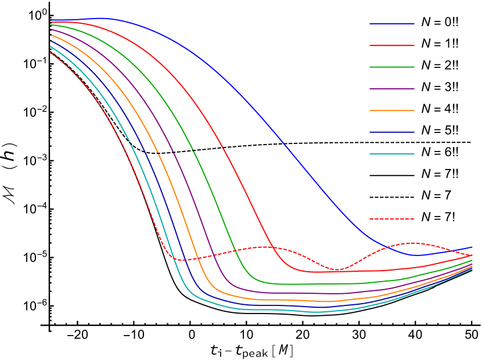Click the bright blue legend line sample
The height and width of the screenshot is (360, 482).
(x=392, y=24)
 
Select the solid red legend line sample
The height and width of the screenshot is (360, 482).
(x=392, y=45)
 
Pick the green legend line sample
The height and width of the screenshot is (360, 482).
(x=392, y=67)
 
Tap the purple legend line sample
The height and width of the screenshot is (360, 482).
(x=392, y=89)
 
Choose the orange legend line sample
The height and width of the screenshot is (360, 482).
(x=392, y=110)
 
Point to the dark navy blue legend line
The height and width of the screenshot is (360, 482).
(x=392, y=132)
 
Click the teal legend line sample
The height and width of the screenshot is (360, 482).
(x=392, y=154)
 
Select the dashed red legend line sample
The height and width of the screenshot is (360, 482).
(x=392, y=219)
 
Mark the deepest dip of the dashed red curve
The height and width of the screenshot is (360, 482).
(x=336, y=269)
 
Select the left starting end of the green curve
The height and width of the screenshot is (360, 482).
(x=51, y=25)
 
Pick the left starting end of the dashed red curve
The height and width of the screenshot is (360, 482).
(x=51, y=53)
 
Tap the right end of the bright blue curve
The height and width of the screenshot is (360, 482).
(x=472, y=247)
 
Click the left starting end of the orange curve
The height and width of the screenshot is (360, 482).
(x=51, y=35)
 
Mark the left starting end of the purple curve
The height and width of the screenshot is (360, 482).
(x=51, y=30)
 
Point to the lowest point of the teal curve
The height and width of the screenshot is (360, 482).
(x=315, y=312)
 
